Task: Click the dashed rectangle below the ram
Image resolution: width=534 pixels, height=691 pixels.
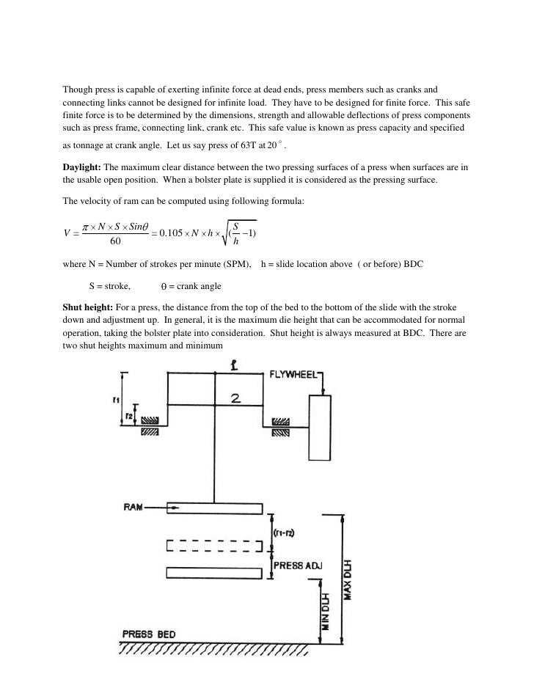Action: [x=215, y=546]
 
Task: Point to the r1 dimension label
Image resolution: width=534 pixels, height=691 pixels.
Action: [x=117, y=401]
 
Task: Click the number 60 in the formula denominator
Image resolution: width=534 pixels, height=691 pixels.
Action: [x=116, y=241]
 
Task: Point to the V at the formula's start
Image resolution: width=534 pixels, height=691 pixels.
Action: [x=67, y=233]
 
